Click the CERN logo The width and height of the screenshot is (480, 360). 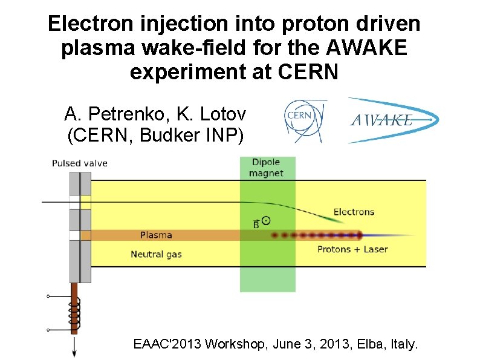tap(305, 121)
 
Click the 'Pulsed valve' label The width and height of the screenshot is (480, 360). tap(79, 163)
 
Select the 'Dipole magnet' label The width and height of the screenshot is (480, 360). tap(266, 168)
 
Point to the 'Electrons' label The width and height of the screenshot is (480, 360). tap(354, 212)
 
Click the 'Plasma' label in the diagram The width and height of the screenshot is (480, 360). tap(156, 235)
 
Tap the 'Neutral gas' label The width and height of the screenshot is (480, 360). tap(156, 254)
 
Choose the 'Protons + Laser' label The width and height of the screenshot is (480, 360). tap(352, 249)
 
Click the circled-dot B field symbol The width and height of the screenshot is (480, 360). tap(266, 221)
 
